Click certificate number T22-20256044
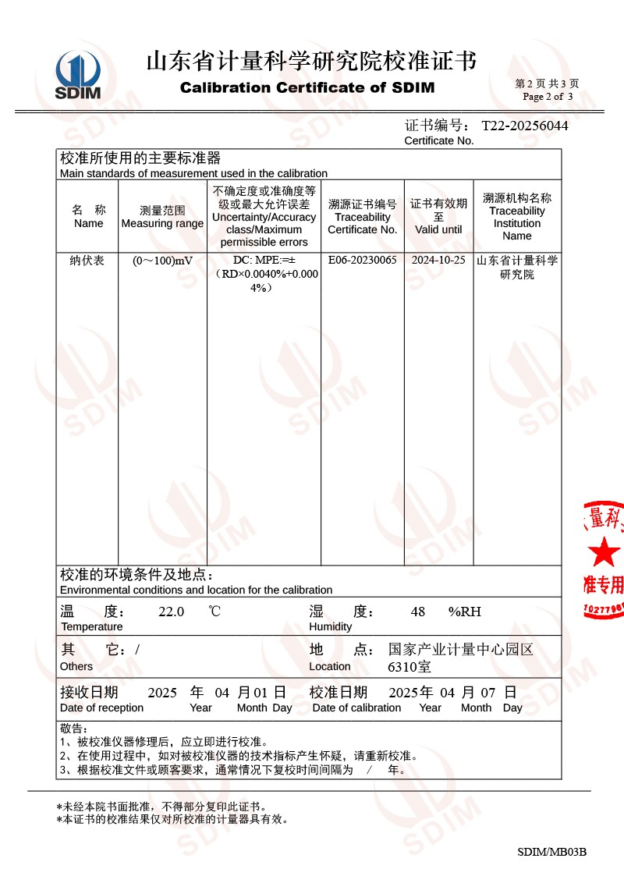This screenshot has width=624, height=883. (524, 126)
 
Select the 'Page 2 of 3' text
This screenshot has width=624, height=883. (548, 97)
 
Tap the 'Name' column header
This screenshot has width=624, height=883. (88, 223)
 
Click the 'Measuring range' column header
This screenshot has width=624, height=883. (162, 223)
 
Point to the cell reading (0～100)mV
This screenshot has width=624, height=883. (162, 261)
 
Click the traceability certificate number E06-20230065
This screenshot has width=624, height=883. (362, 261)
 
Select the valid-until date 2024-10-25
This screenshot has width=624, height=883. (438, 261)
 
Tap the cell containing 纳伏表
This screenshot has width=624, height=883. (87, 261)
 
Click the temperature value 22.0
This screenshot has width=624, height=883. (171, 612)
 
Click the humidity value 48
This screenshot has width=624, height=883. (417, 612)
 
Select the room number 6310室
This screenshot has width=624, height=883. (409, 667)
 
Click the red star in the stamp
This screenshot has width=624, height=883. (604, 552)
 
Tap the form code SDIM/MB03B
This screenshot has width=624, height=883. (551, 852)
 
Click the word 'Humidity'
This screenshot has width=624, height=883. (330, 626)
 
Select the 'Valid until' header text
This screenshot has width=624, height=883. (438, 229)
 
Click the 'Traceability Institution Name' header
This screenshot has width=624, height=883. (516, 223)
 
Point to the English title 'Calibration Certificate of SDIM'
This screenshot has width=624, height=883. (307, 87)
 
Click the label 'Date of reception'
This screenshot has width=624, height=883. (101, 707)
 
